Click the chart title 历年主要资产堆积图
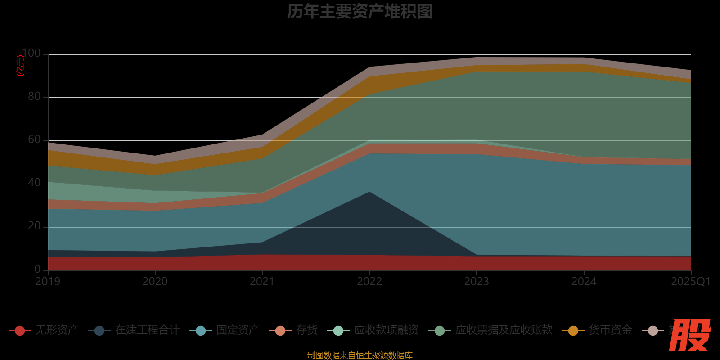(360, 12)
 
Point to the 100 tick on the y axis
(31, 54)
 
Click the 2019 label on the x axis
(48, 282)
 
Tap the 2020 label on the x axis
(155, 282)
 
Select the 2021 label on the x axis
(262, 282)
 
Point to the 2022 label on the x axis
(369, 282)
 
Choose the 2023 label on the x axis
(477, 282)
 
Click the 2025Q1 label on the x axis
(690, 282)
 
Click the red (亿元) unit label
(20, 66)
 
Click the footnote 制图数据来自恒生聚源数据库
(360, 355)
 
